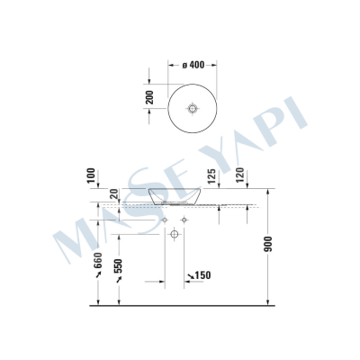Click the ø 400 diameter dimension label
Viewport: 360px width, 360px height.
point(193,65)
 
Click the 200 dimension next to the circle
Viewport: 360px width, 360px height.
point(150,96)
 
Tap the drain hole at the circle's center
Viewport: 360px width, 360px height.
point(191,108)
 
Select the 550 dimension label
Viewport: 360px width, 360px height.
point(117,265)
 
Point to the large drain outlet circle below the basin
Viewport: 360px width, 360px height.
point(175,235)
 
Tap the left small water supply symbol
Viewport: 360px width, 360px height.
point(165,220)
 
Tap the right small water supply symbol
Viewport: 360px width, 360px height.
point(185,220)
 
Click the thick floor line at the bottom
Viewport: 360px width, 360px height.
point(180,308)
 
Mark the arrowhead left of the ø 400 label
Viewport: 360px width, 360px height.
point(172,65)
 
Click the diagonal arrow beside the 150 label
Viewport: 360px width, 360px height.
point(188,276)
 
